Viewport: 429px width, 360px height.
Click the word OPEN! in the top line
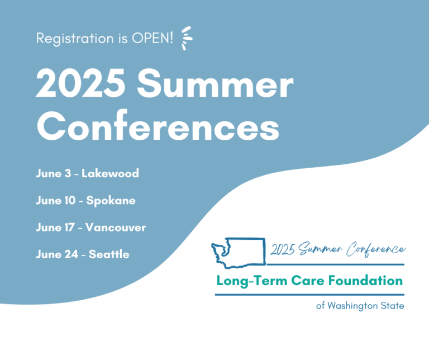click(152, 38)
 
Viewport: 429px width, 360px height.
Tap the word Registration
click(75, 39)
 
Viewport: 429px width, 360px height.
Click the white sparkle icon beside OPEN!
click(187, 38)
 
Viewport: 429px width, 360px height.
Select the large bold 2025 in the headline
click(80, 83)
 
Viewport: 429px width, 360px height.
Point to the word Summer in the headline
click(215, 83)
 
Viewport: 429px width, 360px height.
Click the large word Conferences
click(158, 126)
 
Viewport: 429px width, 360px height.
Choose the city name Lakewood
click(110, 173)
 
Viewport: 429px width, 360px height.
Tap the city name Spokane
click(111, 201)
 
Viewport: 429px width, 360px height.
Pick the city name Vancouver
click(116, 228)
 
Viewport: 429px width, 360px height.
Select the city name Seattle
click(109, 254)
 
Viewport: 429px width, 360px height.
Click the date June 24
click(57, 254)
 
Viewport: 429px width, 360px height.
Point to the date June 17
click(55, 228)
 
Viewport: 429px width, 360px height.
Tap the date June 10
click(55, 200)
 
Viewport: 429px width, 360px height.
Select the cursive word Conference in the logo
click(375, 249)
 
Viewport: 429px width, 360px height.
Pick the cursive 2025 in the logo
click(283, 249)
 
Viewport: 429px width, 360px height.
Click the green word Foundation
click(365, 281)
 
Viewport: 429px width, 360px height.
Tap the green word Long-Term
click(252, 281)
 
